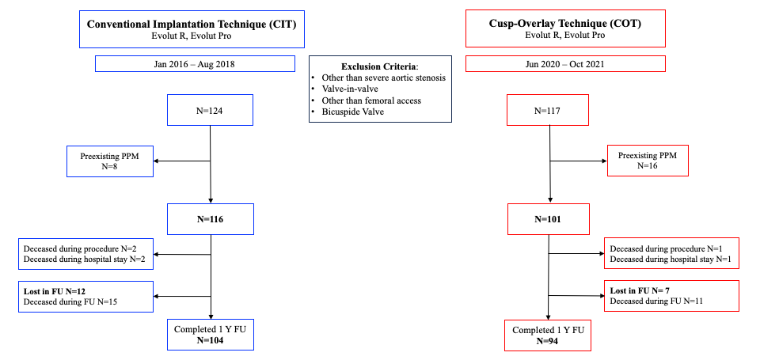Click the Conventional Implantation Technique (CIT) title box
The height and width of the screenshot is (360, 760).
192,28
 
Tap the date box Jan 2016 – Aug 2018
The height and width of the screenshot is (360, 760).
192,64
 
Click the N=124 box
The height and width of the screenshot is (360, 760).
210,111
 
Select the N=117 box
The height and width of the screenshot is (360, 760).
549,111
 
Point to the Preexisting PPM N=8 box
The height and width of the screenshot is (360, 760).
111,161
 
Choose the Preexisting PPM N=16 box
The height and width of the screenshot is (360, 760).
648,161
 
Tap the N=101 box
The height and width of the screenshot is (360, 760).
549,220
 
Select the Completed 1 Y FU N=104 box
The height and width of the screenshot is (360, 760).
210,335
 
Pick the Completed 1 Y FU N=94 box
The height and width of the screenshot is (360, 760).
549,335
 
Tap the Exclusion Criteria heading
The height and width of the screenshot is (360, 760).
380,65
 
